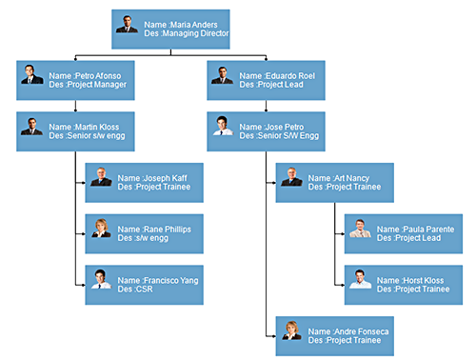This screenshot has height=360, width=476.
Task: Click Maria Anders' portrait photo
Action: click(128, 24)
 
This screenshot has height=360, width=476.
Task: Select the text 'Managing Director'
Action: click(195, 33)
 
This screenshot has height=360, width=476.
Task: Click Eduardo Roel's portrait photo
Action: click(222, 75)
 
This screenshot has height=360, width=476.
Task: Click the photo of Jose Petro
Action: click(222, 126)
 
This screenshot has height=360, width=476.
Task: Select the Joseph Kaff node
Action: click(145, 182)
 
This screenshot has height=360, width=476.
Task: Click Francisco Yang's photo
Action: click(100, 278)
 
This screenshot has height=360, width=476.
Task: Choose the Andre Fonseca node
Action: click(334, 334)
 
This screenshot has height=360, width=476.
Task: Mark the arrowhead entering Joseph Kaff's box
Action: click(82, 182)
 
